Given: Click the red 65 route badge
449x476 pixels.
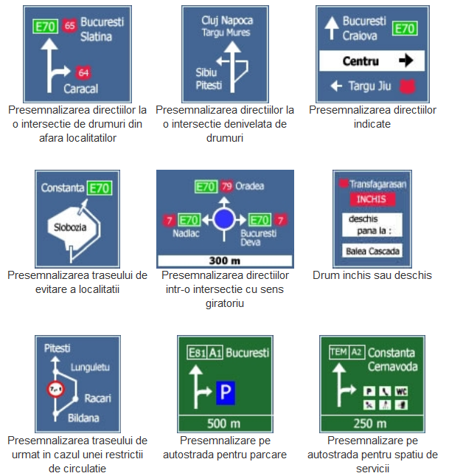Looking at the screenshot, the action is click(x=70, y=26).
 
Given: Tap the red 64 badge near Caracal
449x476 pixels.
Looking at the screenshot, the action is click(x=83, y=72).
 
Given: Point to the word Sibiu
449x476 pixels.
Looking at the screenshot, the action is click(x=206, y=72).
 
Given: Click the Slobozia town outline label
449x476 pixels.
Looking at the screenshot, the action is click(x=71, y=227).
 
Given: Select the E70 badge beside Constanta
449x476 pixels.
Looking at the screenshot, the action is click(x=98, y=188).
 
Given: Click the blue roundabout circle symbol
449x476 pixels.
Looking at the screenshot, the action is click(x=225, y=219).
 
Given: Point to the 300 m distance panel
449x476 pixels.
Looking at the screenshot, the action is click(x=225, y=261).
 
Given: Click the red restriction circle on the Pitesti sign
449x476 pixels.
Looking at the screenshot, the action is click(x=54, y=388).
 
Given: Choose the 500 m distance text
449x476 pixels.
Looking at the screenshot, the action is click(x=225, y=424).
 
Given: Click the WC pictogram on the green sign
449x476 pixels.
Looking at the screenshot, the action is click(x=401, y=390).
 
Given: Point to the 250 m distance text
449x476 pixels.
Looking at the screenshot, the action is click(x=367, y=424).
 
